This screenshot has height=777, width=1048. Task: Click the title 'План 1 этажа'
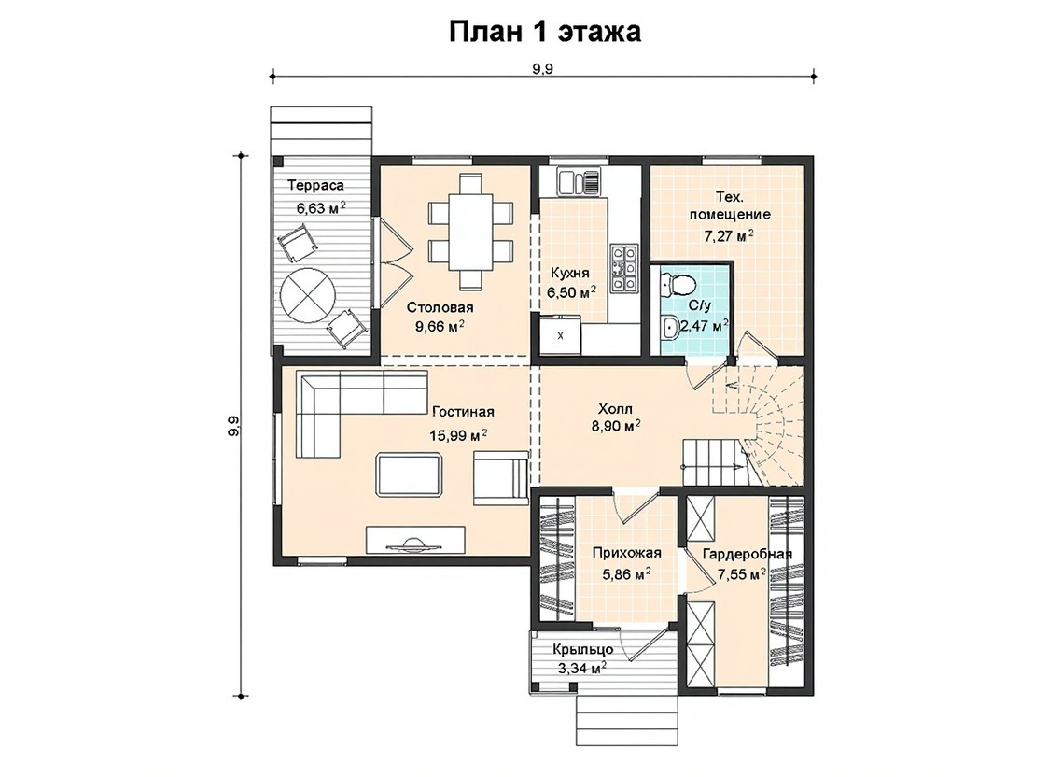545,32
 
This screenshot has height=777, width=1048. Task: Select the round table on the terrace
307,294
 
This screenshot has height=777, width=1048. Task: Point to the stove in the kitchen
623,270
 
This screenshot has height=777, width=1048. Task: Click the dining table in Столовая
470,231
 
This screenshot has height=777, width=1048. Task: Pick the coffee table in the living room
410,474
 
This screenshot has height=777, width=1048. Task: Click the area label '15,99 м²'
458,435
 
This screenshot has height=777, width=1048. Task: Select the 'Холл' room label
615,408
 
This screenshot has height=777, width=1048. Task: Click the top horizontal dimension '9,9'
543,69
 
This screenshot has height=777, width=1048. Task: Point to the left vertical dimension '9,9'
233,427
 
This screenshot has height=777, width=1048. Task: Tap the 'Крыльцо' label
583,649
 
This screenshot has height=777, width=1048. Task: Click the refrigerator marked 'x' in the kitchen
560,335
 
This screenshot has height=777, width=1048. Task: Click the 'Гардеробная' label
748,554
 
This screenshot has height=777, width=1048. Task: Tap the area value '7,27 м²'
729,235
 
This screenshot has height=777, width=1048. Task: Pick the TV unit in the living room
415,540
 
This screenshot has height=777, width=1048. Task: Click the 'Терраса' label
315,185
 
